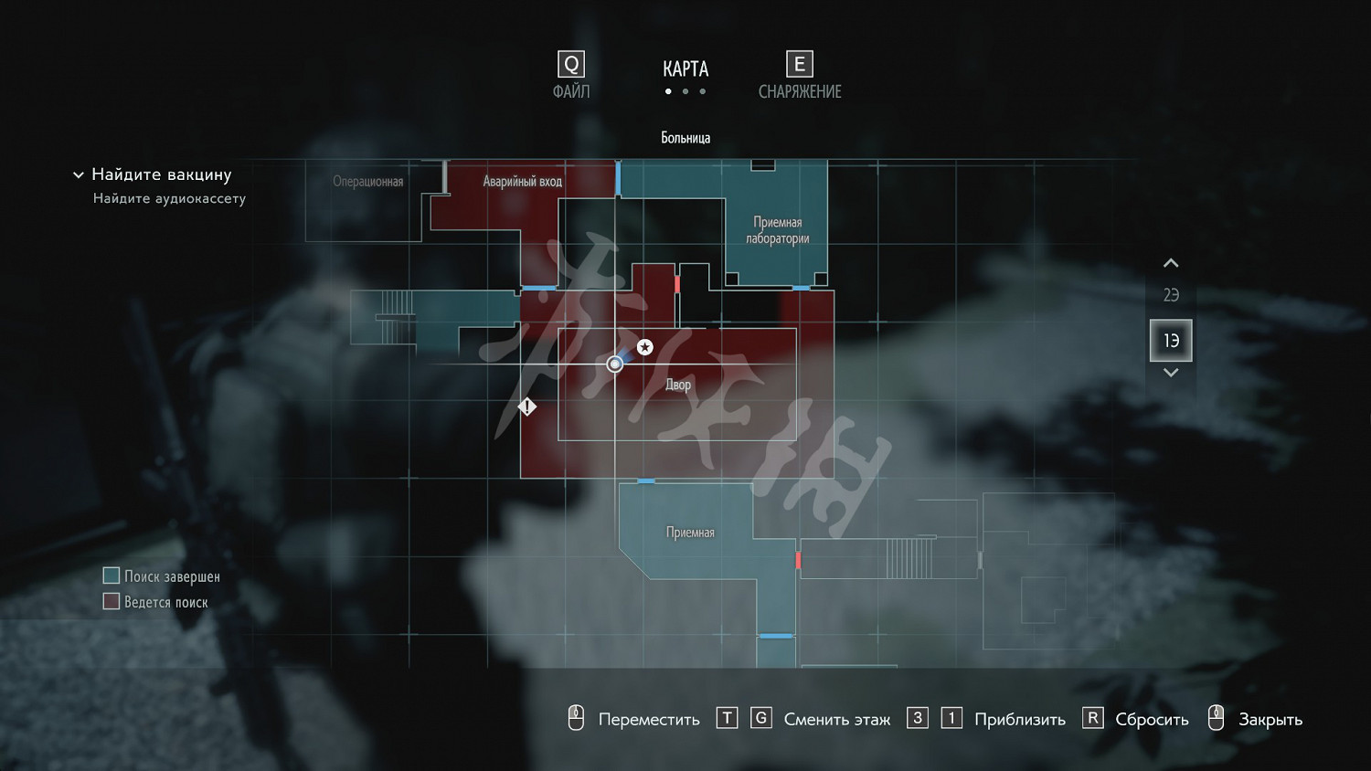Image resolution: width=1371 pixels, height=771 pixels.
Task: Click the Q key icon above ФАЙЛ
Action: pos(571,64)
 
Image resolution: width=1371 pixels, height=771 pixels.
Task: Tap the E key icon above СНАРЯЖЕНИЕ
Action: pos(799,64)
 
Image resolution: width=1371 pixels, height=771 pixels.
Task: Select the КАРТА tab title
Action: pos(685,69)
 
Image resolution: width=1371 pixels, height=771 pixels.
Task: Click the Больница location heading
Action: pos(685,138)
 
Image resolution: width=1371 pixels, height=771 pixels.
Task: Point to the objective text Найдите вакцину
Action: pos(162,174)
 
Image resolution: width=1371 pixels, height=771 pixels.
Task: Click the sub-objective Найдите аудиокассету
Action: pos(169,198)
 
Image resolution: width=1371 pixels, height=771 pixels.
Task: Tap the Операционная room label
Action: pos(367,182)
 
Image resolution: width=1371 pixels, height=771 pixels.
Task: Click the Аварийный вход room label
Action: pos(522,182)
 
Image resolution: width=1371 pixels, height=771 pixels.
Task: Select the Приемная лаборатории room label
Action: pos(777,230)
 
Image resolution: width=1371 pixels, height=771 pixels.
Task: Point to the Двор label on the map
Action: pos(678,385)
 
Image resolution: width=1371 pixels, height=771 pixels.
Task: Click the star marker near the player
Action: pos(645,347)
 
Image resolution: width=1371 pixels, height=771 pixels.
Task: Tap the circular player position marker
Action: pos(615,364)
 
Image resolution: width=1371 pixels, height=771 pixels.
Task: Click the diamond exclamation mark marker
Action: pos(527,407)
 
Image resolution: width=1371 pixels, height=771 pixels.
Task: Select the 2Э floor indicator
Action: pos(1171,295)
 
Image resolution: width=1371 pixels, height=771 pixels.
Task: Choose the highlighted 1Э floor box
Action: pos(1171,341)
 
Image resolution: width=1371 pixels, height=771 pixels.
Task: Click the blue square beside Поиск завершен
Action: pos(112,576)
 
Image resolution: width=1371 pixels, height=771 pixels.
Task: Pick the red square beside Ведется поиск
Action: pos(112,601)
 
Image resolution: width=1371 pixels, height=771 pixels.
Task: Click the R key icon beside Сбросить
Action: pos(1092,718)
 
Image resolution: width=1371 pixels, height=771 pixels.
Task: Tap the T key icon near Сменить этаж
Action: pos(727,718)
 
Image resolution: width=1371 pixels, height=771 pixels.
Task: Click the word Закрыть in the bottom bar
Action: pos(1270,720)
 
